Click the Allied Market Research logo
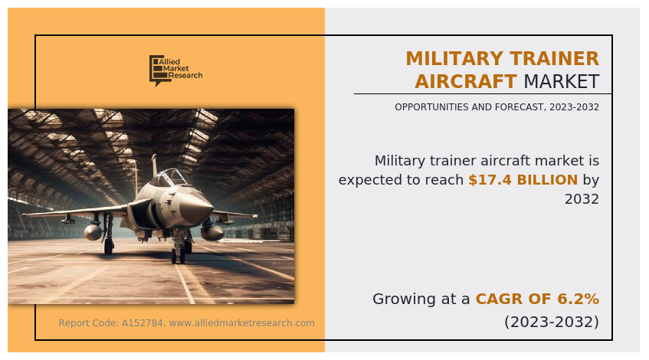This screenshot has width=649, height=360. click(x=176, y=70)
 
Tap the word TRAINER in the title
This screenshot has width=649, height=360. click(x=554, y=58)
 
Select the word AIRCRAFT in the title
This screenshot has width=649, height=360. click(x=466, y=81)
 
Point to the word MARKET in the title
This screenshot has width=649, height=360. click(x=562, y=81)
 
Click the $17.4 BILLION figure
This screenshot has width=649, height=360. click(x=523, y=180)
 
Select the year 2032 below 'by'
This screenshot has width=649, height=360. click(x=582, y=199)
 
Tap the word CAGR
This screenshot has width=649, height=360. click(x=493, y=299)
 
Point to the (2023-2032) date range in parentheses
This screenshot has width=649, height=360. click(x=552, y=322)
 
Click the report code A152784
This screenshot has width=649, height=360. click(x=142, y=323)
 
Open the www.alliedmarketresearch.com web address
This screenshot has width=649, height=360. click(x=241, y=323)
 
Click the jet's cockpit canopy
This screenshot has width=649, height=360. click(x=171, y=178)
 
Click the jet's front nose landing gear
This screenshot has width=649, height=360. click(x=179, y=247)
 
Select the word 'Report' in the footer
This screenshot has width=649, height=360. click(x=72, y=323)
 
